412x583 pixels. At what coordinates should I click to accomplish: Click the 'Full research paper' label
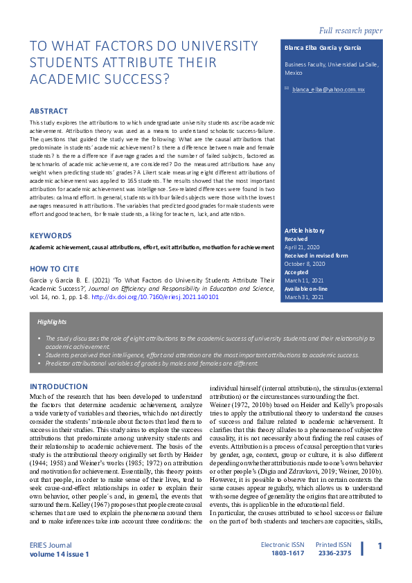350,30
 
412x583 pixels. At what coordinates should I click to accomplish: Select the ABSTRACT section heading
48,111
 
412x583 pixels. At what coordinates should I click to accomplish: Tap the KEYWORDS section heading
50,235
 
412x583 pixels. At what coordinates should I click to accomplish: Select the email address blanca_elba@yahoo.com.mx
328,90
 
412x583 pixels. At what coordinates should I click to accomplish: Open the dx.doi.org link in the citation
155,296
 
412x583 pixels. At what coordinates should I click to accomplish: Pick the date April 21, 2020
302,246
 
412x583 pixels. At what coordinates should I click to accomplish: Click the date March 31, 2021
304,296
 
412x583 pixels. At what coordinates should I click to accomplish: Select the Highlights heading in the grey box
53,322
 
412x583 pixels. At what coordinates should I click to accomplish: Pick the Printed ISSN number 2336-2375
334,554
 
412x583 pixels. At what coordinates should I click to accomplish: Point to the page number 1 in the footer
379,547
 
